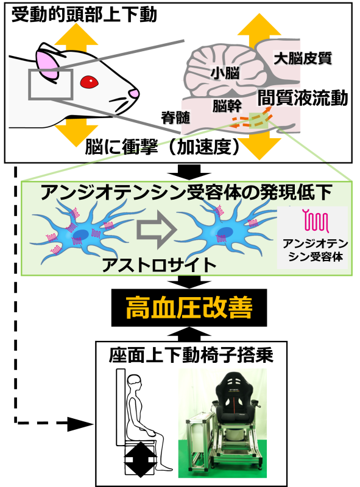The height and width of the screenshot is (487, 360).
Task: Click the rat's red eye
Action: tap(89, 82)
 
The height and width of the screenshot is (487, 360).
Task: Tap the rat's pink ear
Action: tap(48, 65)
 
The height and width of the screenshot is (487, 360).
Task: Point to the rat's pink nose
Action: tap(134, 93)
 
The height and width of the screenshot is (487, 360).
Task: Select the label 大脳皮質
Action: tap(303, 58)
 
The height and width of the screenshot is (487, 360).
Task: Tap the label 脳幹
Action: tap(227, 105)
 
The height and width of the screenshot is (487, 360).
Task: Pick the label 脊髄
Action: tap(175, 117)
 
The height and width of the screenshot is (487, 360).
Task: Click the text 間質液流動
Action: tap(303, 98)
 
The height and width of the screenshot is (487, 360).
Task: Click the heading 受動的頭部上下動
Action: tap(84, 15)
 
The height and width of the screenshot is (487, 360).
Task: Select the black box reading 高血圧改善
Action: tap(189, 307)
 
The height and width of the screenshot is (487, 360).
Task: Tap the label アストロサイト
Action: tap(159, 265)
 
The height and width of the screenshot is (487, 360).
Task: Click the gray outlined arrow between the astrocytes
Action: tap(157, 230)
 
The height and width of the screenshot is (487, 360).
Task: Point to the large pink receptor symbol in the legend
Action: tap(316, 221)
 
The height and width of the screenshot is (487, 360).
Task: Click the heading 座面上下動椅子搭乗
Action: tap(191, 356)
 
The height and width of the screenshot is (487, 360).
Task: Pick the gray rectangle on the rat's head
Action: tap(51, 85)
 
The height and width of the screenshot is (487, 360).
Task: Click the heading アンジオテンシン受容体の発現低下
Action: tap(186, 192)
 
